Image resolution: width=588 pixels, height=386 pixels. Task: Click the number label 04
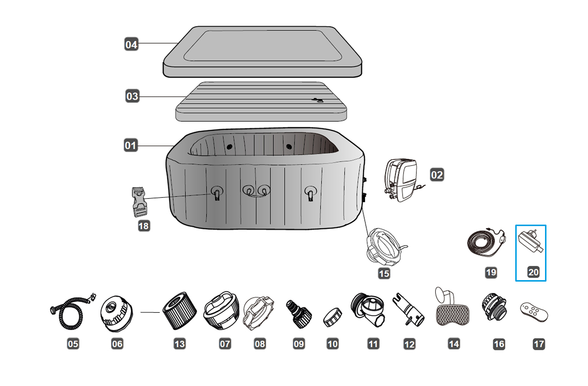(x=131, y=44)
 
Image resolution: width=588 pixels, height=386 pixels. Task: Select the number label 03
(x=132, y=96)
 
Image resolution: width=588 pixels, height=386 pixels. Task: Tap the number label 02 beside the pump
(x=437, y=175)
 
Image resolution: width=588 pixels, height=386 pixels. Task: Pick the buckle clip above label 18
(x=139, y=202)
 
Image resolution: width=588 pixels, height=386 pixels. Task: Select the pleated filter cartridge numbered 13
(x=179, y=311)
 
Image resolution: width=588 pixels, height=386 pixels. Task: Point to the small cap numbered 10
(x=333, y=317)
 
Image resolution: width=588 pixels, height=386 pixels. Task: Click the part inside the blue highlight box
(x=530, y=241)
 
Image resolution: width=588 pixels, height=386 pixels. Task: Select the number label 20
(x=533, y=272)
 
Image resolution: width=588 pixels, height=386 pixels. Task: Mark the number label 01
(x=131, y=145)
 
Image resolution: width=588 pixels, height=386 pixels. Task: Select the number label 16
(x=499, y=344)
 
